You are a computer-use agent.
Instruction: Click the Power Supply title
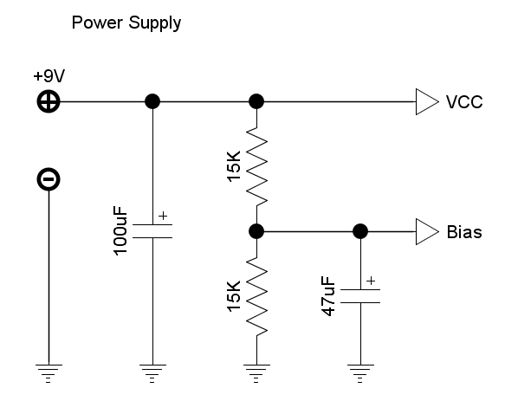click(126, 23)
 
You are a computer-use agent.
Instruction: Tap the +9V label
click(49, 76)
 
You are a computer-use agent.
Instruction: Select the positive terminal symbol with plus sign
click(49, 101)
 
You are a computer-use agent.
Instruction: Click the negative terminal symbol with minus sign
click(49, 179)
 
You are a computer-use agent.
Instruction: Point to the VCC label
click(464, 102)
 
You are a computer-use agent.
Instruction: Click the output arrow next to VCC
click(427, 101)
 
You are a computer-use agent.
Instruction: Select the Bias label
click(464, 232)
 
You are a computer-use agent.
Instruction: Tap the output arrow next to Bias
click(427, 232)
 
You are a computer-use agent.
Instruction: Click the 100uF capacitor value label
click(120, 231)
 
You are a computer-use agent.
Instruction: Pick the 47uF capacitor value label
click(328, 296)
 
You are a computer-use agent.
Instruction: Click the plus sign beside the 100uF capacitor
click(164, 216)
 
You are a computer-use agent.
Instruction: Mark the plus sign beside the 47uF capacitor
click(371, 281)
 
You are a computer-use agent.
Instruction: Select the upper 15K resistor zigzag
click(256, 166)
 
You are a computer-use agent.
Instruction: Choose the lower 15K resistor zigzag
click(256, 296)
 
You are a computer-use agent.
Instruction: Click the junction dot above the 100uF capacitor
click(152, 101)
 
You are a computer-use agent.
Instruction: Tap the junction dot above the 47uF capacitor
click(360, 231)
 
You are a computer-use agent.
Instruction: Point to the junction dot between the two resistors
click(256, 231)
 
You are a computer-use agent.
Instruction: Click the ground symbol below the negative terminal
click(49, 373)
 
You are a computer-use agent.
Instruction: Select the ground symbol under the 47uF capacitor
click(360, 373)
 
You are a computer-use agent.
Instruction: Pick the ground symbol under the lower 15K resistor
click(256, 373)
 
